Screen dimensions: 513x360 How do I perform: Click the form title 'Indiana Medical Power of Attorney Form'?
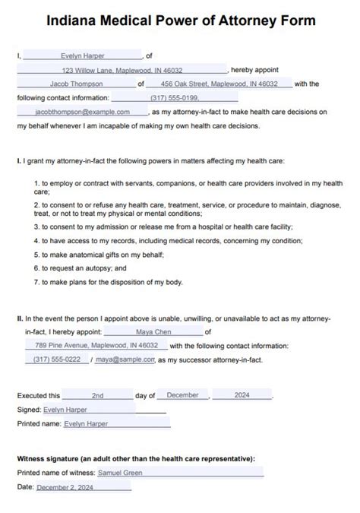point(180,21)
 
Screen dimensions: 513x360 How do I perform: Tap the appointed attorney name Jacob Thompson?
point(76,84)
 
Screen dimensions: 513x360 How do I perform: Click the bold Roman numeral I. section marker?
point(18,162)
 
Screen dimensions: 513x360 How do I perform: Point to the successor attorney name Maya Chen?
point(153,331)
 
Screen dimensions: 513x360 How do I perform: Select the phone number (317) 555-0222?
point(57,359)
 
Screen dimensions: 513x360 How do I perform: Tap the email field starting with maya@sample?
point(125,359)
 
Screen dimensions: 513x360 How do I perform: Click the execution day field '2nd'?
point(97,396)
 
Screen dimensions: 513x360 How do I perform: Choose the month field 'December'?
point(182,396)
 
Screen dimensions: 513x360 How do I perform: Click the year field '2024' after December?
point(242,396)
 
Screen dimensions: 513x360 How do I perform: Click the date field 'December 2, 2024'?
point(65,486)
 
